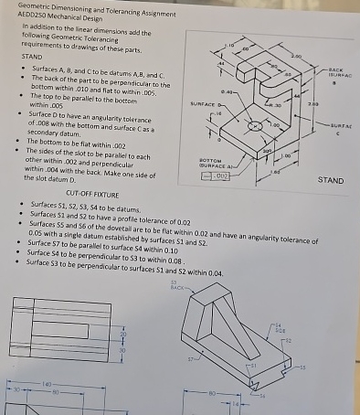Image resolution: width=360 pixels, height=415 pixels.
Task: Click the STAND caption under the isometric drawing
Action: point(330,180)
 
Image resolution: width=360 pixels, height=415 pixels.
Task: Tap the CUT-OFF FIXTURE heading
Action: point(90,194)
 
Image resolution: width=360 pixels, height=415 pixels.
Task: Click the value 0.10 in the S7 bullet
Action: point(164,244)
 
